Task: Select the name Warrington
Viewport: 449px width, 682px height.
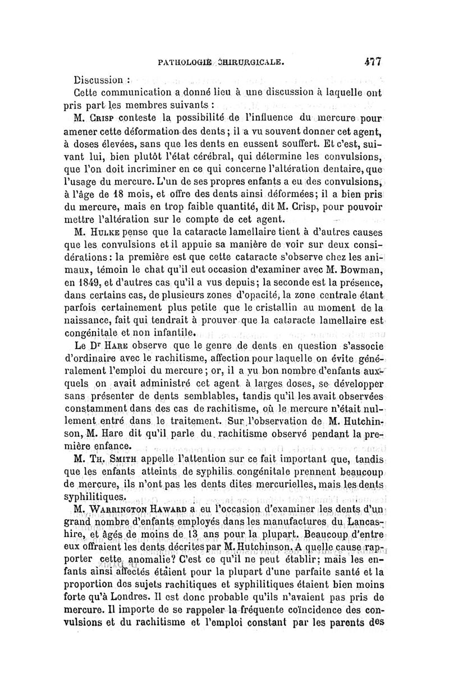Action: coord(124,510)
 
